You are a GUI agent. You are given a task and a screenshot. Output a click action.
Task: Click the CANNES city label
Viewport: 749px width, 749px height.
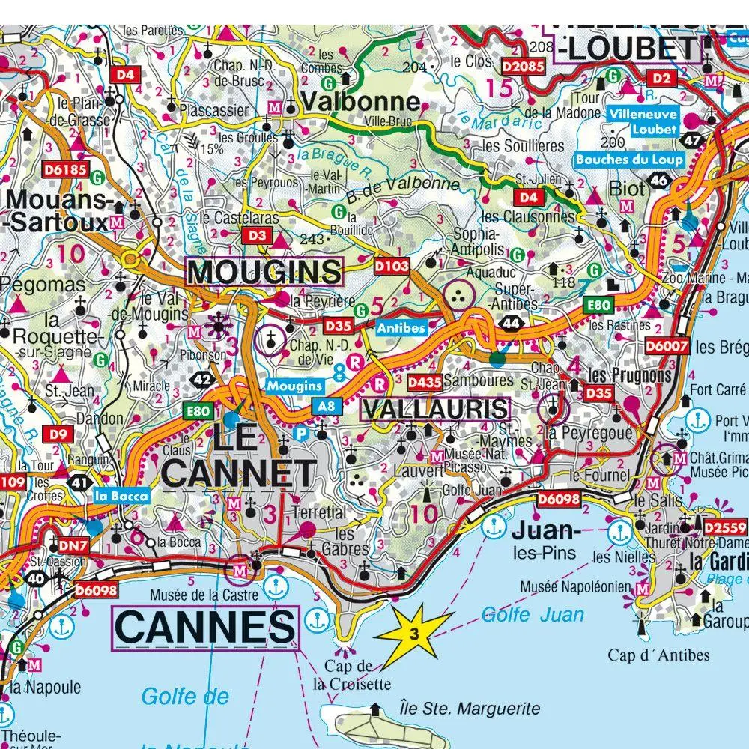pyautogui.click(x=204, y=628)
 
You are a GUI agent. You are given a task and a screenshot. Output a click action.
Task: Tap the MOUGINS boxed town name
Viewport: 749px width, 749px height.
pyautogui.click(x=264, y=271)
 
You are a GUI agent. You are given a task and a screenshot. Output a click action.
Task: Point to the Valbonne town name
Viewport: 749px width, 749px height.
pyautogui.click(x=360, y=102)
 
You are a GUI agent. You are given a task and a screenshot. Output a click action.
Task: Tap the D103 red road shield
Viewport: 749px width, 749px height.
pyautogui.click(x=391, y=265)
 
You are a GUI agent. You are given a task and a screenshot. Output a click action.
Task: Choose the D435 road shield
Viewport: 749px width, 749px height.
pyautogui.click(x=424, y=383)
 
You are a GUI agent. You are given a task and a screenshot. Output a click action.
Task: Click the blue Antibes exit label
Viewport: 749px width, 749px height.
pyautogui.click(x=401, y=327)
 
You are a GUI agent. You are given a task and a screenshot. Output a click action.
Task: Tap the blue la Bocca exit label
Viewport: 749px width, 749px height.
pyautogui.click(x=121, y=495)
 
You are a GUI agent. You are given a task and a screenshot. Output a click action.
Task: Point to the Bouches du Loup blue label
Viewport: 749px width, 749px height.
pyautogui.click(x=629, y=160)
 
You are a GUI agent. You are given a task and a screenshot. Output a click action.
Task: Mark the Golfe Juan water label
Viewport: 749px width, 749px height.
pyautogui.click(x=533, y=616)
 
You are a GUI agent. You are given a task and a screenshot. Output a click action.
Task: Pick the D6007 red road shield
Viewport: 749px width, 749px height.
pyautogui.click(x=666, y=345)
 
